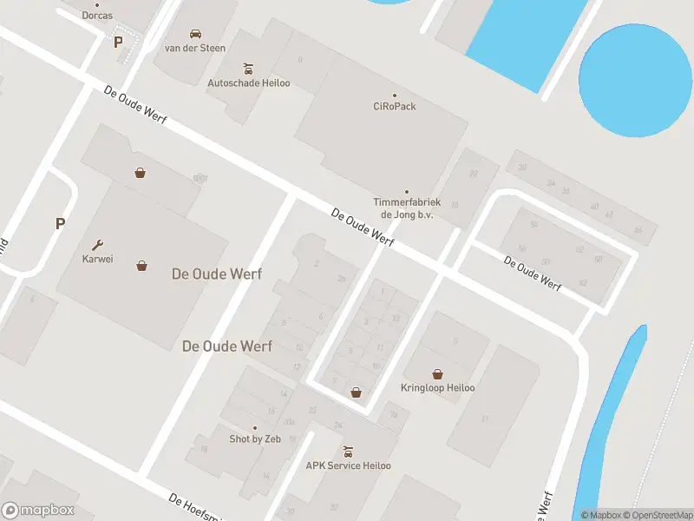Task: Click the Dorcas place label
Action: [97, 16]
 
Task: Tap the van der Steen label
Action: [195, 48]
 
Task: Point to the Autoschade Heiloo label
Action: [249, 83]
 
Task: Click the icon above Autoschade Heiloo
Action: [249, 68]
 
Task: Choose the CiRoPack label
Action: [395, 107]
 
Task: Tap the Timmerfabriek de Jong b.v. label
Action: [407, 208]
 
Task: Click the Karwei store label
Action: [98, 259]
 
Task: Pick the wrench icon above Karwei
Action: [98, 244]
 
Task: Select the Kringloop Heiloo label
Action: [438, 388]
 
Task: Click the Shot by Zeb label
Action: [255, 439]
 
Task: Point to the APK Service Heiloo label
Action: [348, 466]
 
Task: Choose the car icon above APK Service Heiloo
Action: [348, 451]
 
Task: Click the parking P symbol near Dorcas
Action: [118, 41]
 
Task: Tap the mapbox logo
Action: [38, 510]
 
